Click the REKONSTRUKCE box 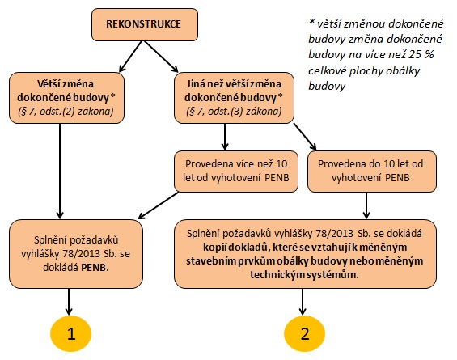tap(145, 24)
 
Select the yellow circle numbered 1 tap(71, 333)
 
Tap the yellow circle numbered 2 tap(305, 333)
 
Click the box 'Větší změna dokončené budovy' tap(67, 98)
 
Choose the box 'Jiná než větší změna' tap(234, 98)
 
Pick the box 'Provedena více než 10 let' tap(236, 172)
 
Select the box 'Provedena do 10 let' tap(372, 172)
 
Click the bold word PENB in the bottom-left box tap(95, 268)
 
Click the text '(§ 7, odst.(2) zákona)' tap(66, 112)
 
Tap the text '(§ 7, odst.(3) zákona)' tap(234, 112)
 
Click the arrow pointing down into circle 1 tap(69, 302)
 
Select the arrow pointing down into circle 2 tap(303, 302)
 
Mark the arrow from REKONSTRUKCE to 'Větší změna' tap(131, 57)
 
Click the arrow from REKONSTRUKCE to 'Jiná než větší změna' tap(161, 57)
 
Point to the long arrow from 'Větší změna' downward tap(60, 172)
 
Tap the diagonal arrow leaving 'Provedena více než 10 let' tap(159, 205)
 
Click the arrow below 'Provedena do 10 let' tap(366, 205)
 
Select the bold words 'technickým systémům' tap(303, 274)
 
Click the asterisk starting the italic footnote tap(311, 22)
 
